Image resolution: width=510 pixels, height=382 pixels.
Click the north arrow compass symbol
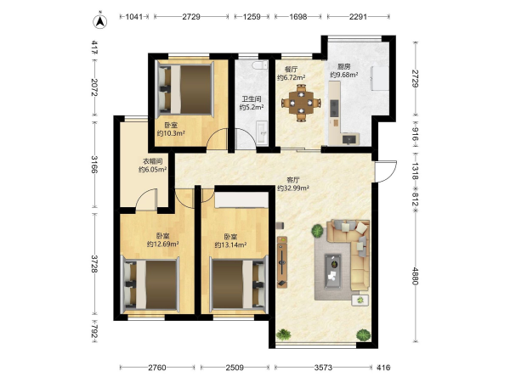(100, 20)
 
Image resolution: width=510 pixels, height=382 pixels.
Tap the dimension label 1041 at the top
(134, 17)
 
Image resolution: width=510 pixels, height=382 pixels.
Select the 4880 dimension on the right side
(415, 276)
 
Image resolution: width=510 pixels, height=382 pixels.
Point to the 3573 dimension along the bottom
(323, 368)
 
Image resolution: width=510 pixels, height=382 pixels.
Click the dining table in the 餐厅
(301, 103)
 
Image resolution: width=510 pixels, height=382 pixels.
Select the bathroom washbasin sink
(262, 133)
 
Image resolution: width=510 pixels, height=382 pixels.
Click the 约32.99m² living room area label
(293, 188)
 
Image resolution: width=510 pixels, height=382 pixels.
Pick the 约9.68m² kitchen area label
(344, 75)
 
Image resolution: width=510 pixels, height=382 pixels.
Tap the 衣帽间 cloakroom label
(153, 161)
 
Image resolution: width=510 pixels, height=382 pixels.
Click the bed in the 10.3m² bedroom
(185, 89)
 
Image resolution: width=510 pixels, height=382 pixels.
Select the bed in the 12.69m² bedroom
(150, 284)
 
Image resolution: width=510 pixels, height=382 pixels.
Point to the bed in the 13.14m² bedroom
(239, 284)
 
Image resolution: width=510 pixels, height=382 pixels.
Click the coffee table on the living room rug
(332, 272)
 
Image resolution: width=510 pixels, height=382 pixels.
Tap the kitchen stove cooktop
(334, 108)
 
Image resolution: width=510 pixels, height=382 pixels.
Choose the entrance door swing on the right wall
(386, 171)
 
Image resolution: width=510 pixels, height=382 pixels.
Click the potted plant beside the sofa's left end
(317, 231)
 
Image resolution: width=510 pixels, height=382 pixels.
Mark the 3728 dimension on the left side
(94, 264)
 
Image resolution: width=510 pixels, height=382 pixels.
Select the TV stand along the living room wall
(282, 262)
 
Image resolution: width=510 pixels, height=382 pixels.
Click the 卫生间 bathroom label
(252, 99)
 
